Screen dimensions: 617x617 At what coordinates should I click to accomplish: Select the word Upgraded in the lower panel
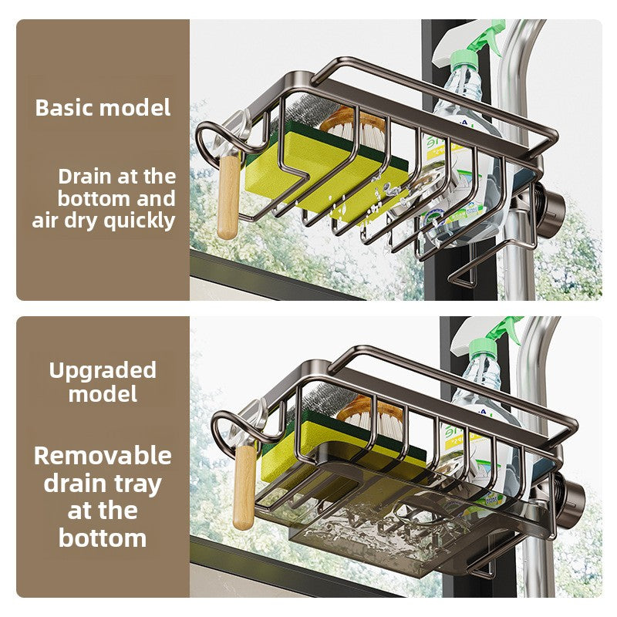point(103,371)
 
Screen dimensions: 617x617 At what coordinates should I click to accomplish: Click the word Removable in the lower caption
point(103,456)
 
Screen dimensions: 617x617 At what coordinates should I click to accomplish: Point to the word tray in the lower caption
point(138,484)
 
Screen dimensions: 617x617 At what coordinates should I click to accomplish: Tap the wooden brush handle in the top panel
point(228,197)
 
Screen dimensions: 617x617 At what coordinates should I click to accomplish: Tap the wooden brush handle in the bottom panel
point(244,487)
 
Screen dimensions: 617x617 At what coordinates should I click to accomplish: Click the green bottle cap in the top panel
point(464,59)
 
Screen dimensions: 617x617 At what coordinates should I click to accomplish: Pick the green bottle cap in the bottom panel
point(483,346)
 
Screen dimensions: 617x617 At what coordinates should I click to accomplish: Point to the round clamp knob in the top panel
point(551,214)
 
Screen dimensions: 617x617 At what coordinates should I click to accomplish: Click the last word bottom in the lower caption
point(103,538)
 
